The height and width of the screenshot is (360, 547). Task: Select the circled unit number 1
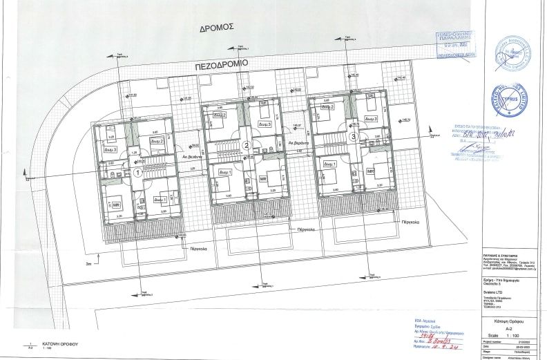(x=138, y=173)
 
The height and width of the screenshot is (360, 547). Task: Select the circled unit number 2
(x=247, y=144)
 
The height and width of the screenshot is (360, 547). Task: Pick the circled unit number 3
(x=354, y=137)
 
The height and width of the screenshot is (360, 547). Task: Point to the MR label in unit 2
(x=263, y=180)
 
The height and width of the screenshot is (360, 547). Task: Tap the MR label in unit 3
(x=371, y=171)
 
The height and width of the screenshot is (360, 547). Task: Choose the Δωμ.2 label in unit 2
(x=220, y=115)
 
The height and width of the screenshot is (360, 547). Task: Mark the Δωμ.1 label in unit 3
(x=329, y=164)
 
